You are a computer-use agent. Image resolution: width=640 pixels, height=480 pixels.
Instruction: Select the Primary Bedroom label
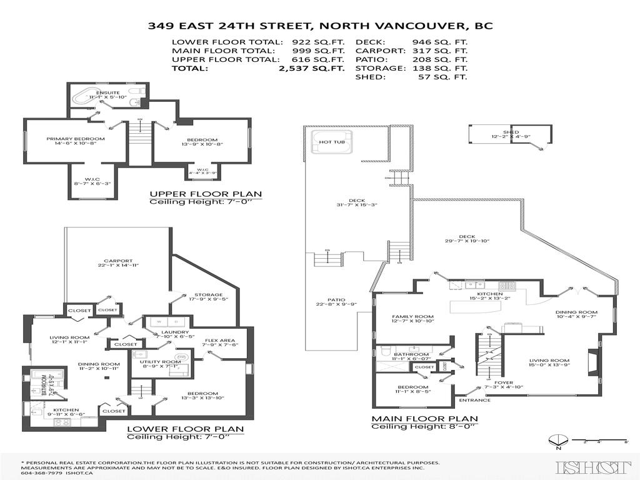pos(66,139)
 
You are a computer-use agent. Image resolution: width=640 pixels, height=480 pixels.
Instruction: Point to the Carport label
pos(117,261)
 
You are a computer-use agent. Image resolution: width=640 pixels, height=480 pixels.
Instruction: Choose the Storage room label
pos(208,294)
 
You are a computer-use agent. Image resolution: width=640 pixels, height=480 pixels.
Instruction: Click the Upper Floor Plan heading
pos(206,194)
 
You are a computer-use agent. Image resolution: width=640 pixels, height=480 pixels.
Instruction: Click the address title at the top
pos(319,26)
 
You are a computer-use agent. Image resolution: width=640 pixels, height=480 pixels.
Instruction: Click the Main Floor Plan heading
pos(424,418)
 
